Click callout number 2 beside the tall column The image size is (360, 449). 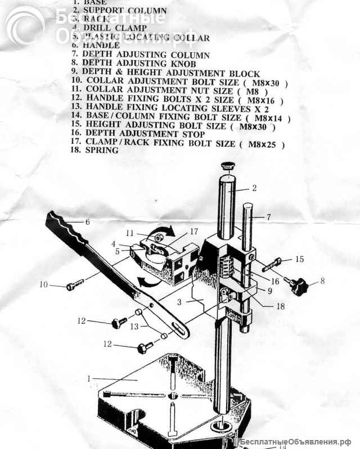[254, 188]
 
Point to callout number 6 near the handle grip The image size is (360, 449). [87, 221]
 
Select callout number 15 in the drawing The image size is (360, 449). [299, 259]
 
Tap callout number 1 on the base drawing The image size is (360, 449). [89, 379]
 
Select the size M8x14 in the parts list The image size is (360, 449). [272, 118]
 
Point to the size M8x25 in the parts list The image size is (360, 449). [267, 144]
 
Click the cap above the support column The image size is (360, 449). [227, 166]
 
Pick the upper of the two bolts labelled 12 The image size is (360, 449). [120, 323]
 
